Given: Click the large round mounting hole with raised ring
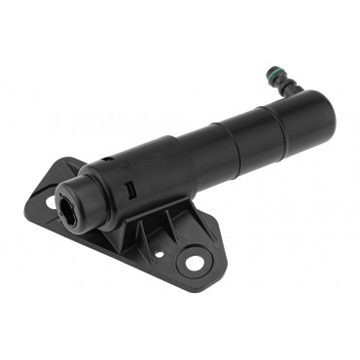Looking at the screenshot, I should click(195, 260).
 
